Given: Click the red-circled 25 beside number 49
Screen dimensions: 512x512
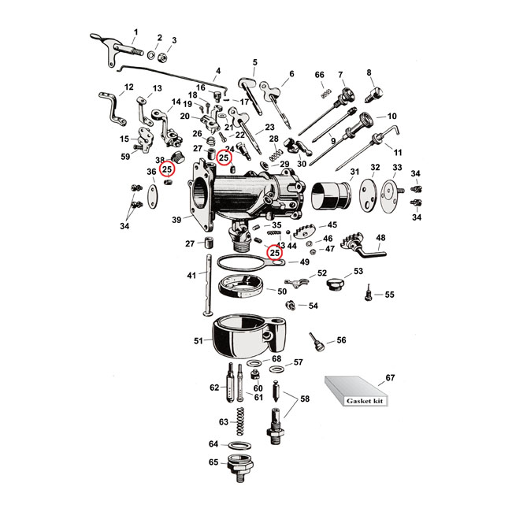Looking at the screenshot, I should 275,253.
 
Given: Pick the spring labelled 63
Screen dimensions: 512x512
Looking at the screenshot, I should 243,423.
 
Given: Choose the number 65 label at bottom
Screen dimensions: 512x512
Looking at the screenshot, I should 213,462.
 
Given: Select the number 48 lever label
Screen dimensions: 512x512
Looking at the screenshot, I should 380,237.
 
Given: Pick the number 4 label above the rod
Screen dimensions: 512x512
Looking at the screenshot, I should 218,70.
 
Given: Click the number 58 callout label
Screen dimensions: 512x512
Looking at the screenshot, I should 304,399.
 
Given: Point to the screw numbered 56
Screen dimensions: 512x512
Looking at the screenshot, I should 317,343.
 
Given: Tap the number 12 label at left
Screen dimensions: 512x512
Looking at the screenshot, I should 128,87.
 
